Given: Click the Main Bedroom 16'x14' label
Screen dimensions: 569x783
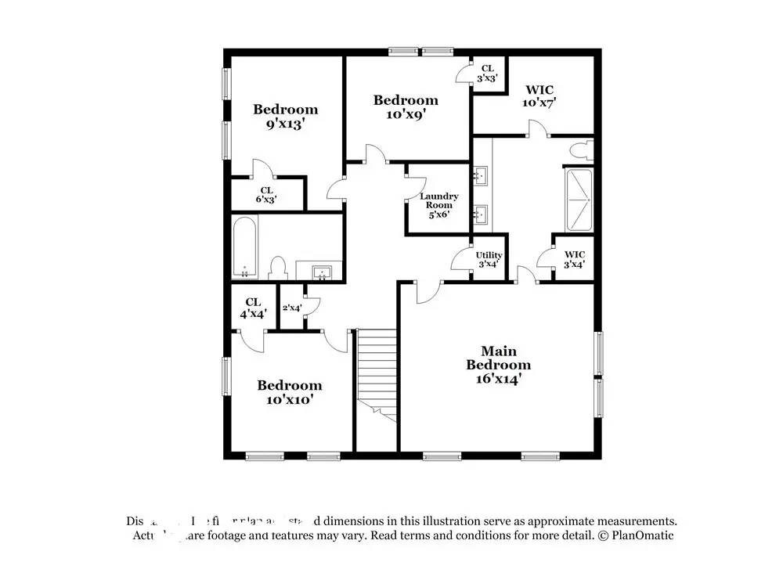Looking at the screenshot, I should tap(499, 365).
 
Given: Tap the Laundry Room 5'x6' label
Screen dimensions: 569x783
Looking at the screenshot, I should tap(438, 205).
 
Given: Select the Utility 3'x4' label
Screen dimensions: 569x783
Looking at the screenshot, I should tap(489, 260).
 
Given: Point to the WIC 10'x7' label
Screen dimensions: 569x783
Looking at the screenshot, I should tap(539, 96).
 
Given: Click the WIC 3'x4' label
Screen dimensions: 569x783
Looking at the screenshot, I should tap(574, 260).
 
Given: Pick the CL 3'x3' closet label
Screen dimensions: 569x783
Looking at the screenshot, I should tap(486, 73).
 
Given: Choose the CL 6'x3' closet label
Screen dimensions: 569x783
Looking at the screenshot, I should tap(266, 195).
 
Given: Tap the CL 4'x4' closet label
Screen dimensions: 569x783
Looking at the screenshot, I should tap(253, 307).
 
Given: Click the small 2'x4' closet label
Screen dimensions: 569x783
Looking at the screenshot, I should tap(292, 308).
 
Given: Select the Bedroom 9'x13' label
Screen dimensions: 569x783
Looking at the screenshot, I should tap(285, 116).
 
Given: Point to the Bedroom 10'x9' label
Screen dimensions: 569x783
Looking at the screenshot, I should tap(406, 106).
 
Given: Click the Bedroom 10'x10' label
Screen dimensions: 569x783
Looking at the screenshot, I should tap(290, 391).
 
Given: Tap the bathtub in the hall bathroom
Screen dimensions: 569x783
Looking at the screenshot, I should tap(245, 248).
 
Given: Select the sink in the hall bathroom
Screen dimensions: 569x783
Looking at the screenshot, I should tap(322, 272).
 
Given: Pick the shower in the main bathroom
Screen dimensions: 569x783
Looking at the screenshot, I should tap(580, 199).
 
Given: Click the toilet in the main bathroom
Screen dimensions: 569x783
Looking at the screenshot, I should tap(580, 150).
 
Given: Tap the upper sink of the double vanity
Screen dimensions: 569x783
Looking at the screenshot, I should tap(481, 175).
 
